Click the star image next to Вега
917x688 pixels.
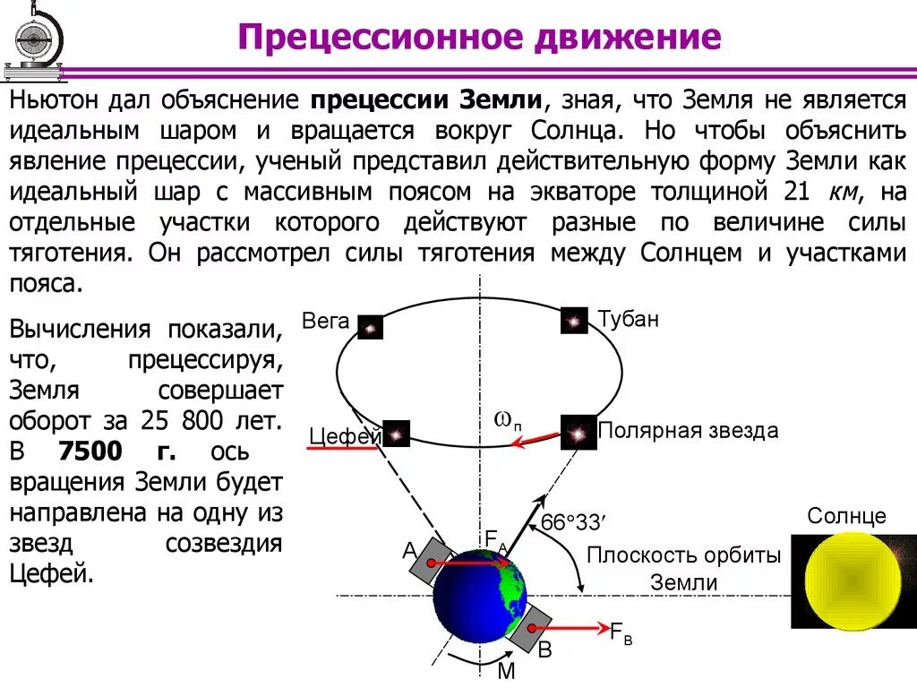[370, 327]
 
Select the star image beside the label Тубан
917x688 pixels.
[574, 321]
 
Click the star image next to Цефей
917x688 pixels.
[396, 434]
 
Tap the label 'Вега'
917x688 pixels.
[325, 321]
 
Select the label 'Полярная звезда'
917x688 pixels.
[688, 431]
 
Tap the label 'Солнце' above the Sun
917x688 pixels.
[846, 516]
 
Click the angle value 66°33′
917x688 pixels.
[574, 523]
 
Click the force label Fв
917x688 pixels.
[621, 632]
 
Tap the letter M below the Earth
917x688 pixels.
[506, 671]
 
